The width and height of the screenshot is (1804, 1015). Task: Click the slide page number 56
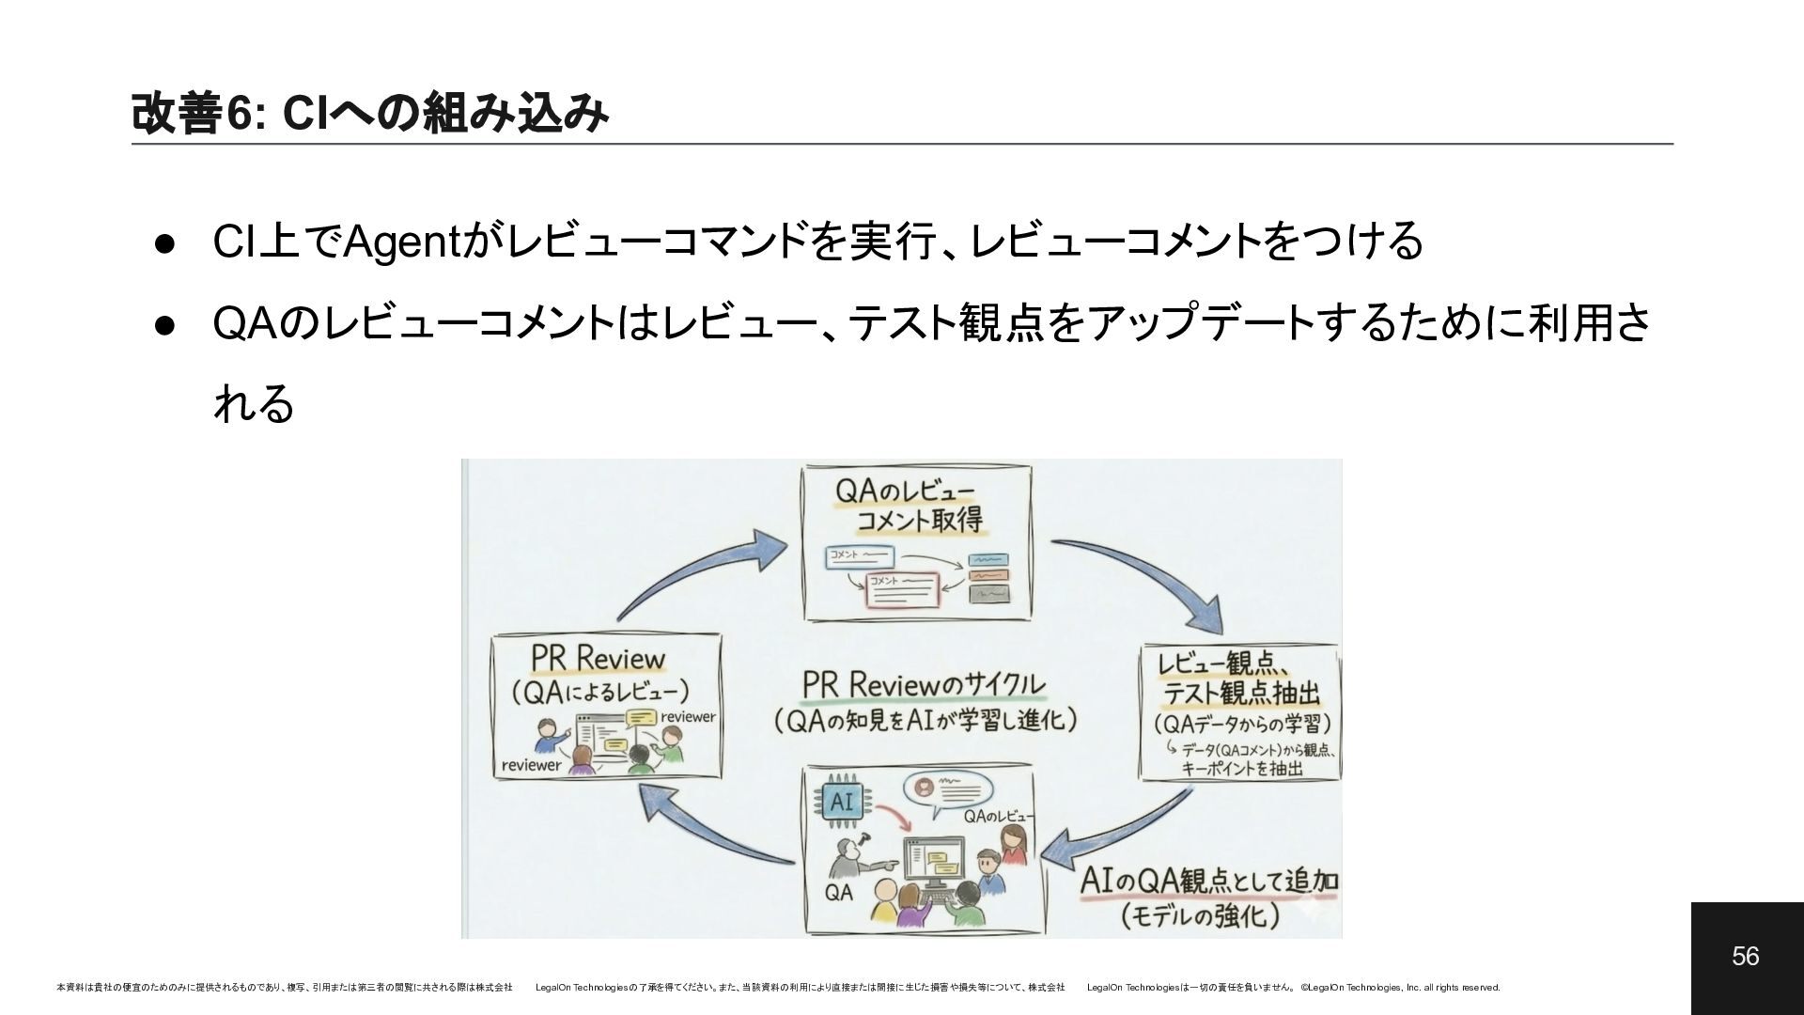(1745, 957)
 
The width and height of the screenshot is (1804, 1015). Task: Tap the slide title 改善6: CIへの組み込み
(369, 114)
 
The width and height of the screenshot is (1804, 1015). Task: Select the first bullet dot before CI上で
(163, 242)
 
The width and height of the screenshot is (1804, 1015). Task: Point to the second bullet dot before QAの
(163, 324)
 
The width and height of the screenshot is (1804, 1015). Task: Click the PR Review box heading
(598, 658)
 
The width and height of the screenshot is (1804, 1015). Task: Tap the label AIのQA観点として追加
(1209, 882)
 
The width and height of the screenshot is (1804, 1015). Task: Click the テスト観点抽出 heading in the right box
(1241, 694)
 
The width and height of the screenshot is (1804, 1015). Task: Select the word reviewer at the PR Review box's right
(688, 717)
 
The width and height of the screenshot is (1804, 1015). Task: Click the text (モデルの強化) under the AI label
(1200, 915)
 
